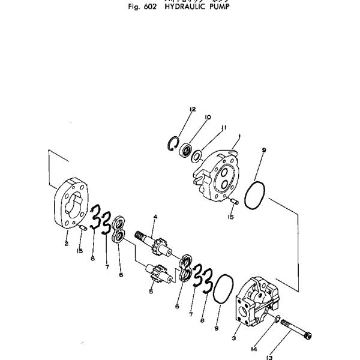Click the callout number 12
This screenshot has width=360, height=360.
193,109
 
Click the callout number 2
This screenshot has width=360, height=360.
66,243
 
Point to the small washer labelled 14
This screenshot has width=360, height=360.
276,320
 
